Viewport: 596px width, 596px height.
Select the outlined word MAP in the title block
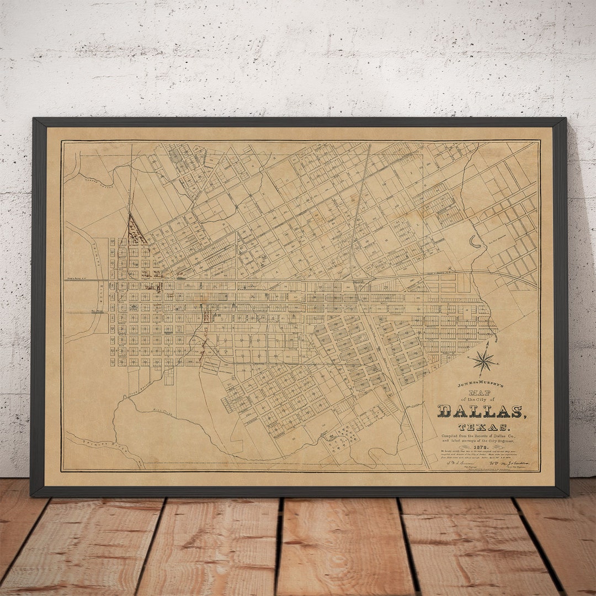coord(480,392)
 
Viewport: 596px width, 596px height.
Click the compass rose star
coord(484,362)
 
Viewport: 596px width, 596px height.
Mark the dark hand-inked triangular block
coord(135,232)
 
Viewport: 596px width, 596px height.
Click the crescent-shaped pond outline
coord(474,241)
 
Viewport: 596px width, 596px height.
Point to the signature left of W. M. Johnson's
coord(459,464)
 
